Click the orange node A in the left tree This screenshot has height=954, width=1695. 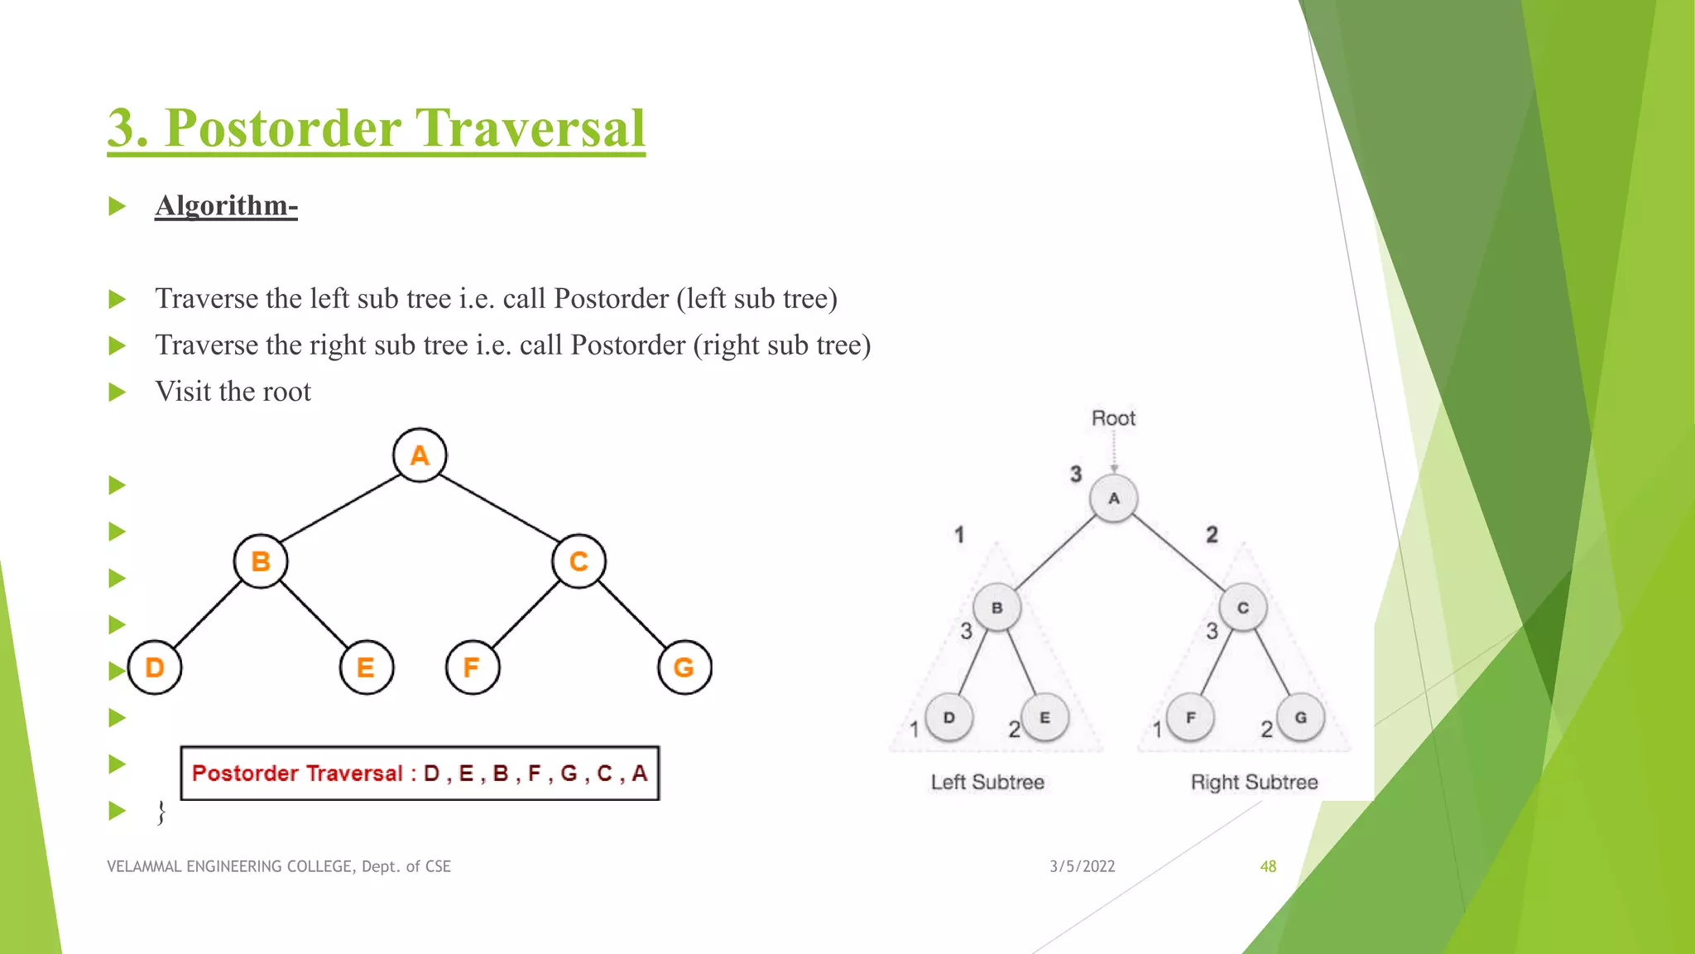(420, 455)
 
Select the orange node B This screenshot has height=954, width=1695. (261, 561)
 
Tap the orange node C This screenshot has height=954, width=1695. (579, 561)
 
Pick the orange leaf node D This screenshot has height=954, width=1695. (155, 667)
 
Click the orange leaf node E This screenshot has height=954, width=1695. (366, 667)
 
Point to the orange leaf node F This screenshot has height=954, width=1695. (472, 667)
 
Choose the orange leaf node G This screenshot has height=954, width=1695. (684, 667)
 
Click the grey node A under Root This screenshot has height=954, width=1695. (1113, 499)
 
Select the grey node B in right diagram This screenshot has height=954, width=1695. (996, 608)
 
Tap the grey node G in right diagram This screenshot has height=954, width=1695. (1300, 718)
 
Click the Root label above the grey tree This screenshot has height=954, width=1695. (1113, 418)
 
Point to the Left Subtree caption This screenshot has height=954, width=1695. (987, 782)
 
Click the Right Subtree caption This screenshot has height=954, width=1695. (1254, 782)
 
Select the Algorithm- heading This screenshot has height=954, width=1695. (226, 205)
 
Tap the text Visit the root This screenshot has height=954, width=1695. (233, 391)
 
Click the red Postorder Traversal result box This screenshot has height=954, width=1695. (420, 773)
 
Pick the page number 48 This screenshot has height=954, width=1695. (1268, 866)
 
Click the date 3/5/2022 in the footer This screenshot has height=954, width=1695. (1082, 866)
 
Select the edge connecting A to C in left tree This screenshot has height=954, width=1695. (499, 508)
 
